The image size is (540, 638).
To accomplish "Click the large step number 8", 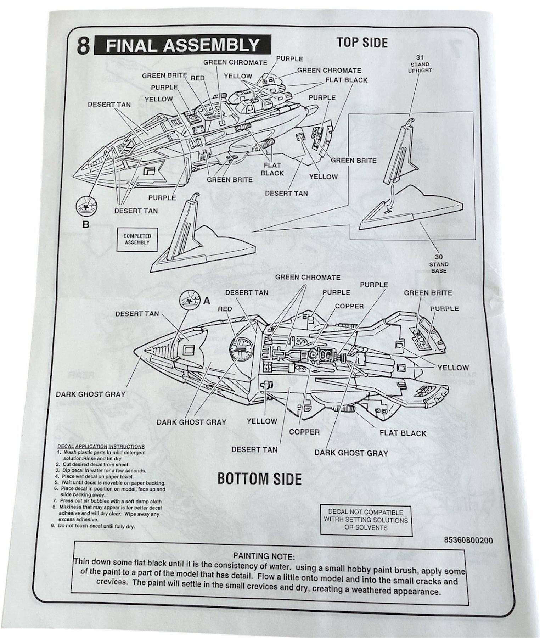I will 83,46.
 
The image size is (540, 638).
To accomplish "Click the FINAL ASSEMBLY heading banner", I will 182,45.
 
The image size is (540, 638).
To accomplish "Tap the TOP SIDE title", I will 362,43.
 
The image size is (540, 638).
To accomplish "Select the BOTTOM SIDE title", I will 259,479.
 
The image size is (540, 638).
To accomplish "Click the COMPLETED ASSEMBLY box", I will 137,239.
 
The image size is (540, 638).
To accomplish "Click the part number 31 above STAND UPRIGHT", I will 420,57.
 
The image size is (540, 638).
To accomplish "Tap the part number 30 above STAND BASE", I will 439,257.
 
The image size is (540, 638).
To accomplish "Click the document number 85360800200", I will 468,540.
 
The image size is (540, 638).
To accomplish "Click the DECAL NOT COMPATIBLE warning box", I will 366,520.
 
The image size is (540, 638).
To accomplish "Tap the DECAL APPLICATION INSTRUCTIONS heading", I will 101,447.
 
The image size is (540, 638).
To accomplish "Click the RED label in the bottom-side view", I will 225,309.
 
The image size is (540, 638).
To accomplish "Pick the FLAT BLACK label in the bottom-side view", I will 403,433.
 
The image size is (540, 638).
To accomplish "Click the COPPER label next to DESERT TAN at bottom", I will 304,432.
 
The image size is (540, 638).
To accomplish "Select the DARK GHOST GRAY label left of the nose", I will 90,394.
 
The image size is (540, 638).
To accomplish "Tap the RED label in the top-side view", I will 197,78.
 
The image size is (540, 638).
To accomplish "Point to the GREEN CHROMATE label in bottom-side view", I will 308,277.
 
